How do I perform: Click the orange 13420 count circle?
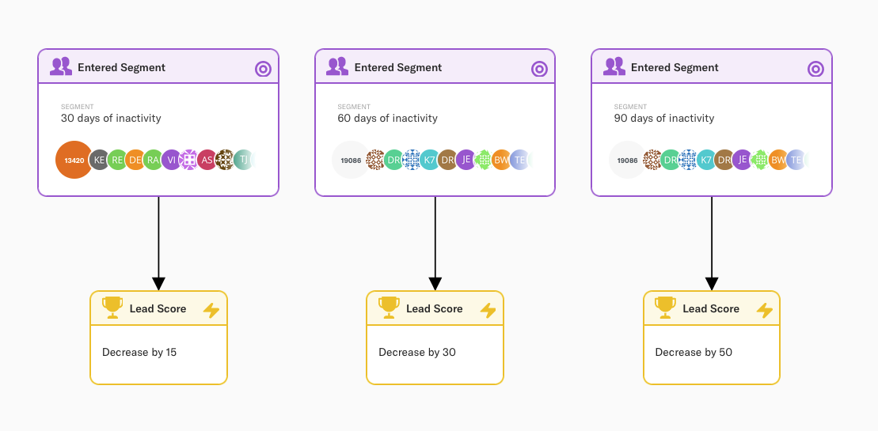[74, 160]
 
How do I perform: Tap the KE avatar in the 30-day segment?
[99, 160]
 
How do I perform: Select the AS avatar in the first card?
[207, 160]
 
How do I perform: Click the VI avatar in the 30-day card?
[171, 160]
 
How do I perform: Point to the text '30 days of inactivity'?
[111, 119]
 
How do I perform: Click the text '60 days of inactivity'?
[387, 119]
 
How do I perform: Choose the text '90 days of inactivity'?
[664, 119]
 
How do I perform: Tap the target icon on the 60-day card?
[539, 69]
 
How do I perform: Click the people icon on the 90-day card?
[614, 66]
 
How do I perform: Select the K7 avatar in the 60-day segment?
[430, 160]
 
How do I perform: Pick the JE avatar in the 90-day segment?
[743, 160]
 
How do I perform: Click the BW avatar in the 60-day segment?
[501, 160]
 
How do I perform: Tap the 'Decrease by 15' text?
[139, 352]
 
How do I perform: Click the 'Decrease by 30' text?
[417, 352]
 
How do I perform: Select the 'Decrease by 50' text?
[694, 352]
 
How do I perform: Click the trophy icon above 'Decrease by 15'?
[112, 308]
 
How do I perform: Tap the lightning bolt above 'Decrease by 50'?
[764, 310]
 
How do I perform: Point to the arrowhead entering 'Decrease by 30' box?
[435, 283]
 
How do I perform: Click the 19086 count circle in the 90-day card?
[627, 160]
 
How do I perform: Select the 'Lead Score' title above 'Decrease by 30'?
[434, 308]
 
